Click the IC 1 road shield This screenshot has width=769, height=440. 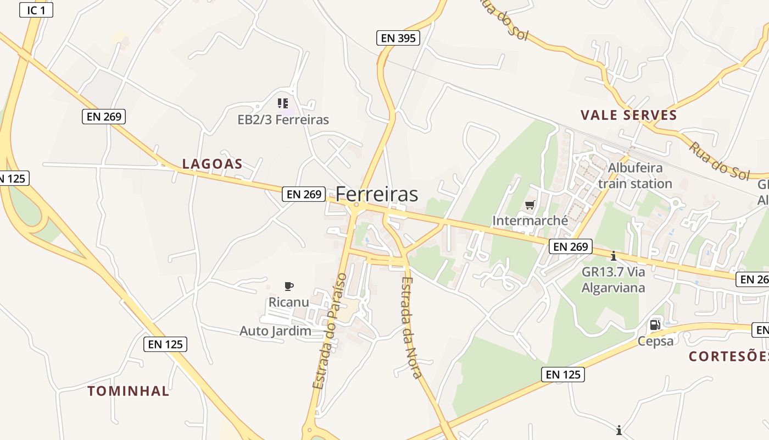coord(36,10)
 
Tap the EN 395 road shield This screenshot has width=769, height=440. coord(398,38)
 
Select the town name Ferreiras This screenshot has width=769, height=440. coord(377,194)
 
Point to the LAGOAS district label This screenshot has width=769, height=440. coord(212,164)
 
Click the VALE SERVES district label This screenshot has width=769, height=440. coord(629,116)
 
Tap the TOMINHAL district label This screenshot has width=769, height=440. coord(129,391)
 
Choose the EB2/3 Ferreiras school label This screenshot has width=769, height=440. coord(283,119)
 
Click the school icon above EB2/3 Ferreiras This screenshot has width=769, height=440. coord(283,103)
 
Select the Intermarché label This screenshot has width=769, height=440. coord(530,221)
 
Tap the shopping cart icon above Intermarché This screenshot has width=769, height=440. coord(530,205)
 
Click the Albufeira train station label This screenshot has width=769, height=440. coord(635,175)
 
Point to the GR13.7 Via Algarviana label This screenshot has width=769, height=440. coord(613,279)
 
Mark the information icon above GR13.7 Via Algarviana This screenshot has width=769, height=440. coord(614,256)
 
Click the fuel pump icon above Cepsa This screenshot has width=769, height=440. coord(655,325)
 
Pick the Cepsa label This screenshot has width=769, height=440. coord(655,341)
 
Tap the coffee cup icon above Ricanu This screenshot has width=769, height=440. coord(289,286)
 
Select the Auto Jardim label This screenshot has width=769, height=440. coord(275,331)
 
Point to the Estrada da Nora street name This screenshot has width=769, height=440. coord(411,328)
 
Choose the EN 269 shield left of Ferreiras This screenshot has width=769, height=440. coord(304,194)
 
